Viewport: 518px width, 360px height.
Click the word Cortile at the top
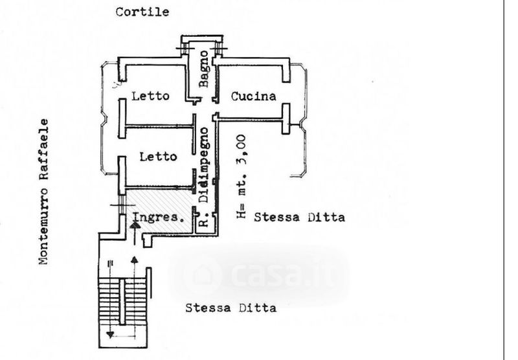[142, 12]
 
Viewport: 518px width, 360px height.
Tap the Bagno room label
[203, 69]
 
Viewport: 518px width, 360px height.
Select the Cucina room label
[254, 96]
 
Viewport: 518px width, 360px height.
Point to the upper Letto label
[150, 96]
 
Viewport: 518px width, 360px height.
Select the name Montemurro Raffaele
[44, 192]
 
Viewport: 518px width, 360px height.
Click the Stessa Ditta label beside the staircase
[231, 308]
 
